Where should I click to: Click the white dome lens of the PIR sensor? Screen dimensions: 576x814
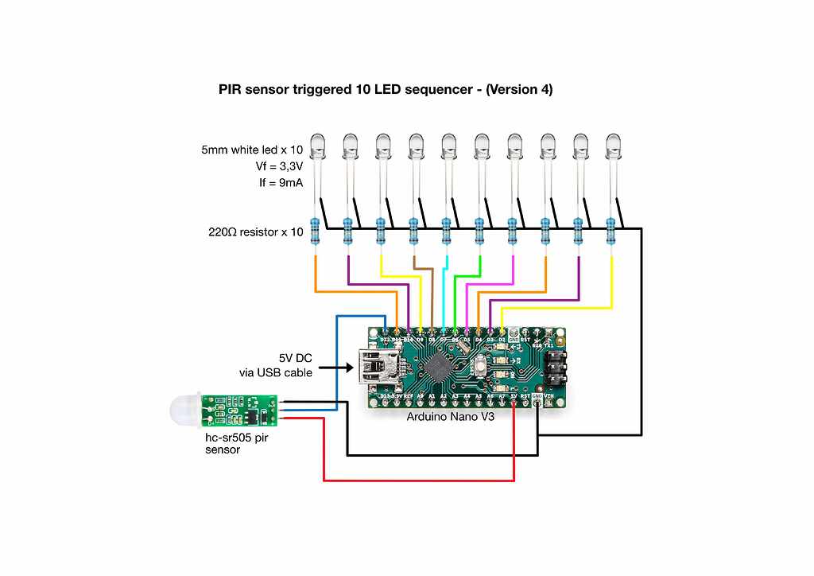[x=184, y=409]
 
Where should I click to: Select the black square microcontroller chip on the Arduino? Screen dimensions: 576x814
[x=436, y=367]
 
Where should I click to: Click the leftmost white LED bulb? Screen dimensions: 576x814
[x=318, y=146]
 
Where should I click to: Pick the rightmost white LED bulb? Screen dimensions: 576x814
[x=612, y=146]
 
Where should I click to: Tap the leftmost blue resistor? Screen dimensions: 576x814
[x=316, y=231]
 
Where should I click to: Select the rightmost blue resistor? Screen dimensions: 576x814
[x=610, y=231]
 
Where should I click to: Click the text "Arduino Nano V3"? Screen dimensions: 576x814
[x=451, y=416]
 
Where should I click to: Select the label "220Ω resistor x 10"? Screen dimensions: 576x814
[x=255, y=233]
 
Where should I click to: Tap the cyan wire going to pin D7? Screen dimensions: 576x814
[x=444, y=294]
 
